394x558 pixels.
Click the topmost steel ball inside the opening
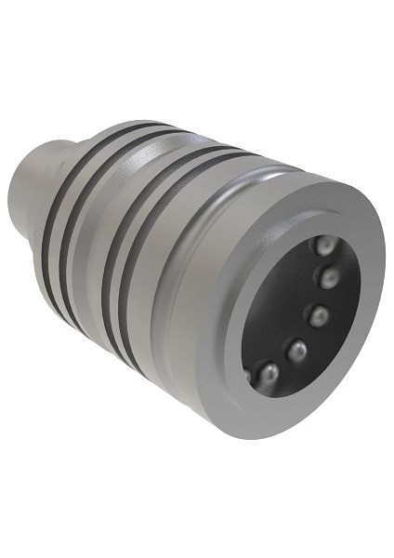[x=324, y=246]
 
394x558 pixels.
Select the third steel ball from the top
[x=319, y=316]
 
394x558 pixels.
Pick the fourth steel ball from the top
[x=297, y=351]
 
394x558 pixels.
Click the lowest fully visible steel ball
[x=267, y=374]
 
